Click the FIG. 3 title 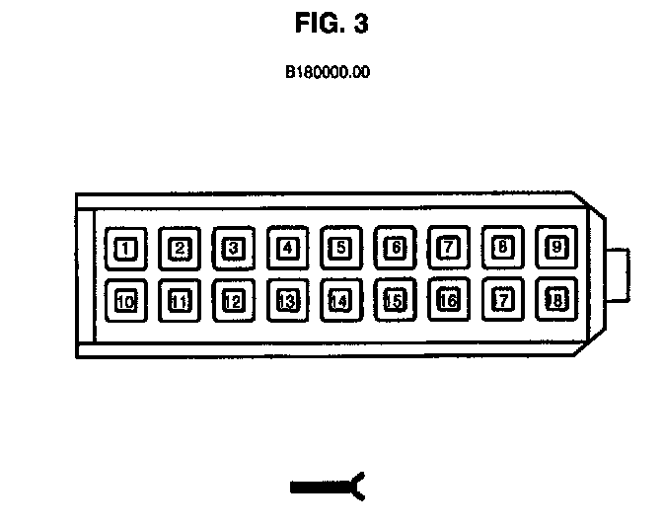tap(331, 25)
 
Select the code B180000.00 tap(328, 72)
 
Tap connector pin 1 tap(125, 248)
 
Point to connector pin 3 tap(233, 248)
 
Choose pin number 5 tap(340, 248)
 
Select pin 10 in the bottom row tap(125, 301)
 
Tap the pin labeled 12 tap(233, 301)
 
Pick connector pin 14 tap(340, 301)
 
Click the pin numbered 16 tap(448, 300)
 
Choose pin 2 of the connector tap(179, 248)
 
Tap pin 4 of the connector tap(287, 248)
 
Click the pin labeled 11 tap(179, 301)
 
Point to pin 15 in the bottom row tap(395, 300)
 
